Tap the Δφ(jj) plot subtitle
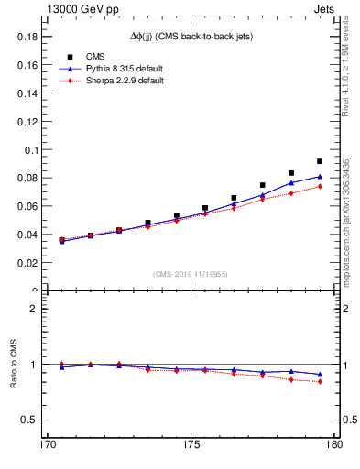pos(190,36)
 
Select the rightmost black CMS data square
pos(320,161)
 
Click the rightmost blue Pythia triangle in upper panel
pos(320,176)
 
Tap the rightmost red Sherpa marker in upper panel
pos(320,186)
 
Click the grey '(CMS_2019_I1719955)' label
pos(190,273)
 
